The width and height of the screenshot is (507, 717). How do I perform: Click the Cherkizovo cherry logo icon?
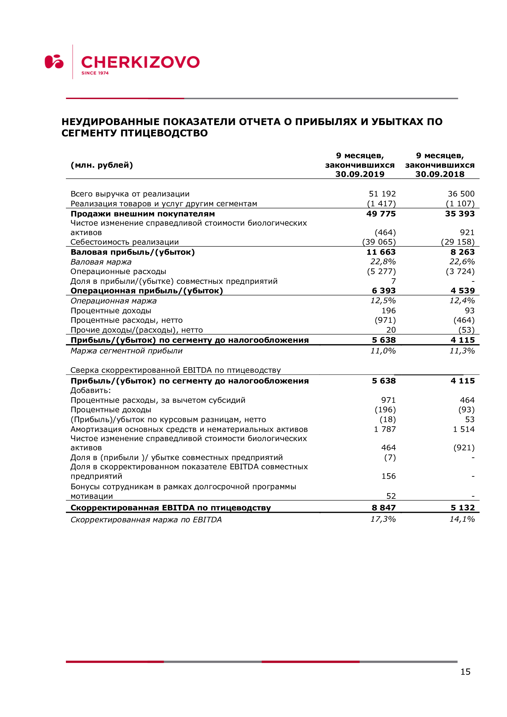[x=54, y=62]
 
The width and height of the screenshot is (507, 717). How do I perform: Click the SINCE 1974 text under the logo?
[x=95, y=73]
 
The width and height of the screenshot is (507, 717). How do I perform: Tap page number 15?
[x=465, y=671]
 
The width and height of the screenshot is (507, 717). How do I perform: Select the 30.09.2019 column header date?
[x=360, y=174]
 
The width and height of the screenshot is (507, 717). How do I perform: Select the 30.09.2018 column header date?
[x=440, y=174]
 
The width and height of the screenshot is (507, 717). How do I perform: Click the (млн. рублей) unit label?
[x=102, y=165]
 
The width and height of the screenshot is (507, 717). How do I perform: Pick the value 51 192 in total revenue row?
[x=382, y=194]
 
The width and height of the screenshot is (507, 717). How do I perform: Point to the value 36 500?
[x=461, y=194]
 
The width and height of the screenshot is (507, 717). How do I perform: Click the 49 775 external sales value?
[x=381, y=214]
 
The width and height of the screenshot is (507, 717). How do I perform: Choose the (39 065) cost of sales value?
[x=379, y=242]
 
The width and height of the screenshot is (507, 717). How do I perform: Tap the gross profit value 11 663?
[x=381, y=252]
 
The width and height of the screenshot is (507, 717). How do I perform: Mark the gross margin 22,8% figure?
[x=383, y=262]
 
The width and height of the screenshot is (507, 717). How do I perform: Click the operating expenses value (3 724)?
[x=460, y=271]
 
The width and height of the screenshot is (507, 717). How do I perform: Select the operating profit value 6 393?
[x=384, y=291]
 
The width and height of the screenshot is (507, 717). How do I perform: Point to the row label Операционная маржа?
[x=114, y=301]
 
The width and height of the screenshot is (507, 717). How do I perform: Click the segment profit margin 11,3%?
[x=462, y=351]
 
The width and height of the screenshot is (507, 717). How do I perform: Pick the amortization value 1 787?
[x=385, y=429]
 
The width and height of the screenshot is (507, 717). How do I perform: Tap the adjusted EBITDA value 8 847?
[x=384, y=508]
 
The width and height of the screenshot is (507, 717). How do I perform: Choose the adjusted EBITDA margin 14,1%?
[x=462, y=519]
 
